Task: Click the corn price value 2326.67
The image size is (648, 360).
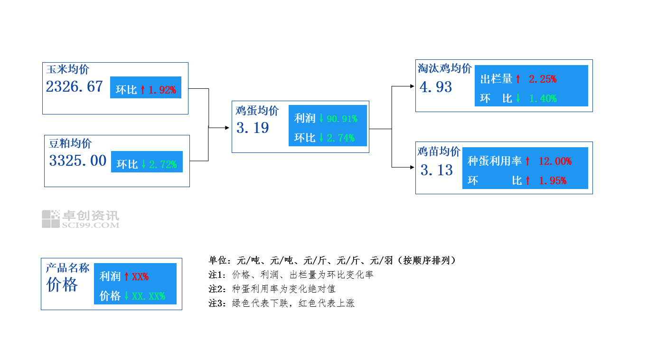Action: click(x=75, y=86)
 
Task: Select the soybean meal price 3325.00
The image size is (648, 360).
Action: click(x=78, y=161)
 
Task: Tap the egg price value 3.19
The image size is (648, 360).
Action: click(x=253, y=128)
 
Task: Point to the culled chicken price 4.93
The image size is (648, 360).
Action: click(x=436, y=87)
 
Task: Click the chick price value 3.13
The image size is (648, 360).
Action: click(x=437, y=170)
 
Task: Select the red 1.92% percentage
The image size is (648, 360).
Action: click(x=162, y=90)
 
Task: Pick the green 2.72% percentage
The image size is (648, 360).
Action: click(x=163, y=165)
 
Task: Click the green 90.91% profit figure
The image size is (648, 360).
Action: click(x=342, y=119)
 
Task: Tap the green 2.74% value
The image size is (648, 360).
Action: click(x=340, y=138)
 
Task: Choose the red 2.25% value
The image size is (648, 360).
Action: click(x=543, y=79)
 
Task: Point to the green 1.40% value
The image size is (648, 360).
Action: click(x=543, y=99)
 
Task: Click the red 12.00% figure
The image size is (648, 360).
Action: click(x=555, y=161)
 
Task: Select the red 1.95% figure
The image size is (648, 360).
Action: click(x=553, y=181)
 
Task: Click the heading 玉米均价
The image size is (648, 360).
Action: click(x=68, y=69)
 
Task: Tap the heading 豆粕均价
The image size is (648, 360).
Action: click(x=70, y=143)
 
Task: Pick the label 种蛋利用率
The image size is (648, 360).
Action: click(x=494, y=161)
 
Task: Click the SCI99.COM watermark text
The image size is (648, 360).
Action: click(x=91, y=225)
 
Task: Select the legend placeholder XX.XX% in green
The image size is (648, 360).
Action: click(x=149, y=296)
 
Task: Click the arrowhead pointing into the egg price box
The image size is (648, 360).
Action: click(x=227, y=128)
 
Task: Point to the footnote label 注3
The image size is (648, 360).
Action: click(x=215, y=303)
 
